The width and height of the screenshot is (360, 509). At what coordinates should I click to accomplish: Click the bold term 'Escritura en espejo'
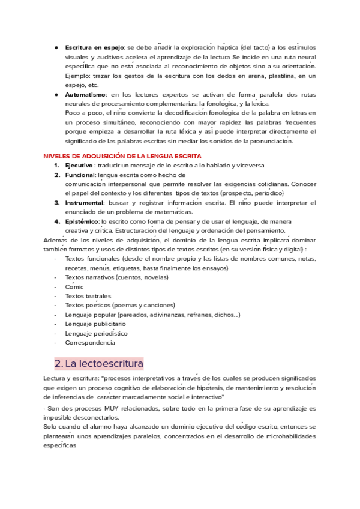tap(94, 47)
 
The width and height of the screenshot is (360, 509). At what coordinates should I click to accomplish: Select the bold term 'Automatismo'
tap(85, 95)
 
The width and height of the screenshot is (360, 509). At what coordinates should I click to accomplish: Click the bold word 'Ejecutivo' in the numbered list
tap(79, 165)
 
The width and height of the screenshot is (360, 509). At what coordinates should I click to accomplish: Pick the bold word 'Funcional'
tap(80, 175)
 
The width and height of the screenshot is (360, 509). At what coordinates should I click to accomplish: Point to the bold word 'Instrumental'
tap(83, 203)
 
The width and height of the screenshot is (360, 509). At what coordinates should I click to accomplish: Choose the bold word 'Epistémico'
tap(82, 221)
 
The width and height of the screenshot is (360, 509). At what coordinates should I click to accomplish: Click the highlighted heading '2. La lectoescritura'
tap(98, 364)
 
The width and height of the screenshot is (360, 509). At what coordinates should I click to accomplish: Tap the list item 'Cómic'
tap(74, 287)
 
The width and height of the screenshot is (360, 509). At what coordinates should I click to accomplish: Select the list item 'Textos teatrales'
tap(88, 296)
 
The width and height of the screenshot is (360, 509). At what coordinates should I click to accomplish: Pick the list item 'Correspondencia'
tap(90, 342)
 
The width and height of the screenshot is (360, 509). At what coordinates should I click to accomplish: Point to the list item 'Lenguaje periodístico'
tap(96, 333)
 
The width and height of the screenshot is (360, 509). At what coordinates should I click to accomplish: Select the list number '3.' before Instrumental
tap(57, 203)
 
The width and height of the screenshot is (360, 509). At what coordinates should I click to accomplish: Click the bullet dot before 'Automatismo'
tap(56, 95)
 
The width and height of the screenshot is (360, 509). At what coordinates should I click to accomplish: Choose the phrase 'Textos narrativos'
tap(89, 277)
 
